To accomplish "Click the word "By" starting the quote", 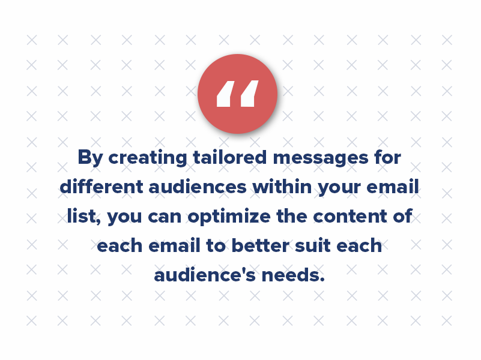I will point(90,158).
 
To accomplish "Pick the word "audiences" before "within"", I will point(196,187).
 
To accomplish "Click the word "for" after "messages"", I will point(387,158).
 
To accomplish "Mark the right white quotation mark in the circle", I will point(249,95).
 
